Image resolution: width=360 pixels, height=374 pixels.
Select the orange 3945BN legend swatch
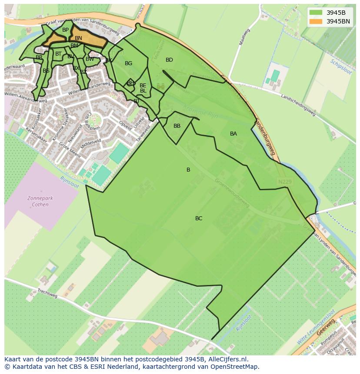point(316,21)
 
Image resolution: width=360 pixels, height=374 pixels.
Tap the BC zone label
point(199,218)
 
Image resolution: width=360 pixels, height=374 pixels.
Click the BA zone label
point(233,134)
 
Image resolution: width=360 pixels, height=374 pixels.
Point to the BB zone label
point(177,126)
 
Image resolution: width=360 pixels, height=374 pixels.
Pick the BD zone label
point(169,60)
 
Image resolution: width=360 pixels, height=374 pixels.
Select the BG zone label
point(128,63)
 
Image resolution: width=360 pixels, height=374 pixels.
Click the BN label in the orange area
point(78,38)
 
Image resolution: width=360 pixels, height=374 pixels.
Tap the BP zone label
point(65,30)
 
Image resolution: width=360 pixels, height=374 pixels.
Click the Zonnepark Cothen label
point(40,202)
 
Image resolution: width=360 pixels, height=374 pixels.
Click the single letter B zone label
point(188,170)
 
